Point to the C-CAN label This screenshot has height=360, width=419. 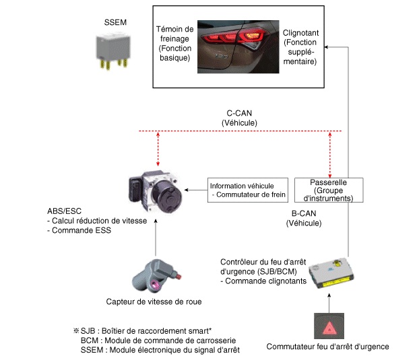[x=240, y=114]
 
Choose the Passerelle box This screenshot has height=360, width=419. [x=329, y=190]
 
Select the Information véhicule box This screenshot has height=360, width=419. [x=248, y=191]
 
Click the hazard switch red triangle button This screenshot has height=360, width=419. [x=328, y=327]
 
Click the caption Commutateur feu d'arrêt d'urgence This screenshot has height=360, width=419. [x=327, y=347]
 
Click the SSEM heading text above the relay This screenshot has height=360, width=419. [x=116, y=23]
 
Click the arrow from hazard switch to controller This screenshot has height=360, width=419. [x=328, y=299]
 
